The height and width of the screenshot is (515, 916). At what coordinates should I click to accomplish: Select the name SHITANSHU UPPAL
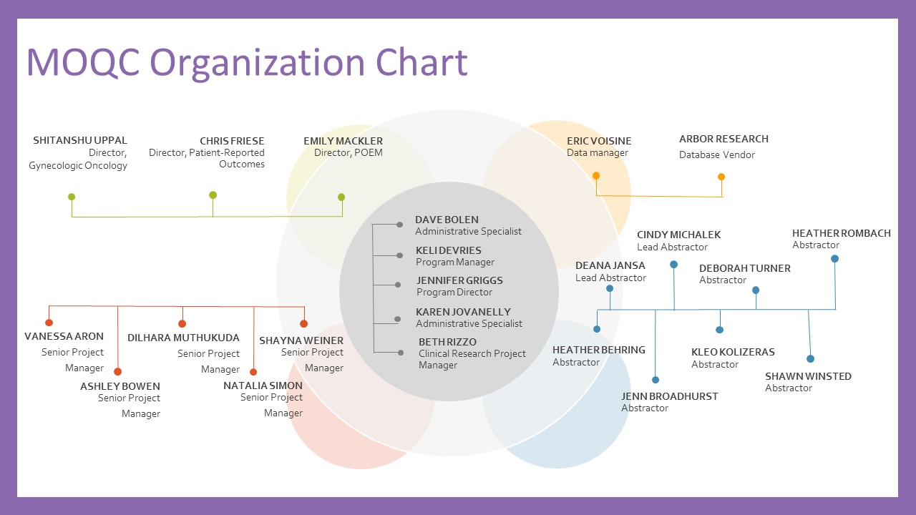click(x=80, y=140)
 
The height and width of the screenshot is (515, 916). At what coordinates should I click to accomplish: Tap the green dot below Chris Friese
click(x=213, y=195)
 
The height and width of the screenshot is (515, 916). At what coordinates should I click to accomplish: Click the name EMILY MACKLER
click(x=343, y=141)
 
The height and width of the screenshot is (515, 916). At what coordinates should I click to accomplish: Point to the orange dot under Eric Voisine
click(x=596, y=175)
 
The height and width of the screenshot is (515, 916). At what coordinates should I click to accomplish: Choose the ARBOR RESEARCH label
click(x=723, y=139)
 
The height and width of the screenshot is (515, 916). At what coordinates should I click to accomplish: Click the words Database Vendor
click(x=716, y=154)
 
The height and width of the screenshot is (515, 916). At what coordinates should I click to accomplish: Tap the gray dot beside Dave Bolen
click(x=399, y=225)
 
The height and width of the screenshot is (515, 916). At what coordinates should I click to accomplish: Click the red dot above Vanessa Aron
click(x=49, y=323)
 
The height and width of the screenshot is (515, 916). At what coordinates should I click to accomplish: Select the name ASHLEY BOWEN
click(x=120, y=386)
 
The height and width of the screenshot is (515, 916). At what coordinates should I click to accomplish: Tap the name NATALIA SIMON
click(x=263, y=386)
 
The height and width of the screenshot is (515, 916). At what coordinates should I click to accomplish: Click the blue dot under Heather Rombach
click(x=834, y=259)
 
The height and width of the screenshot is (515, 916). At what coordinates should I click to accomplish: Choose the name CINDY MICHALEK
click(x=678, y=235)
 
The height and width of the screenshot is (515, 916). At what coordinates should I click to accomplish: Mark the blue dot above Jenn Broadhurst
click(x=656, y=380)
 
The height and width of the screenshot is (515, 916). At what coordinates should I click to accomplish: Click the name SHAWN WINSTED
click(x=808, y=376)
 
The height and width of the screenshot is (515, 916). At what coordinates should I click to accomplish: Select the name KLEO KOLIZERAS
click(x=733, y=352)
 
